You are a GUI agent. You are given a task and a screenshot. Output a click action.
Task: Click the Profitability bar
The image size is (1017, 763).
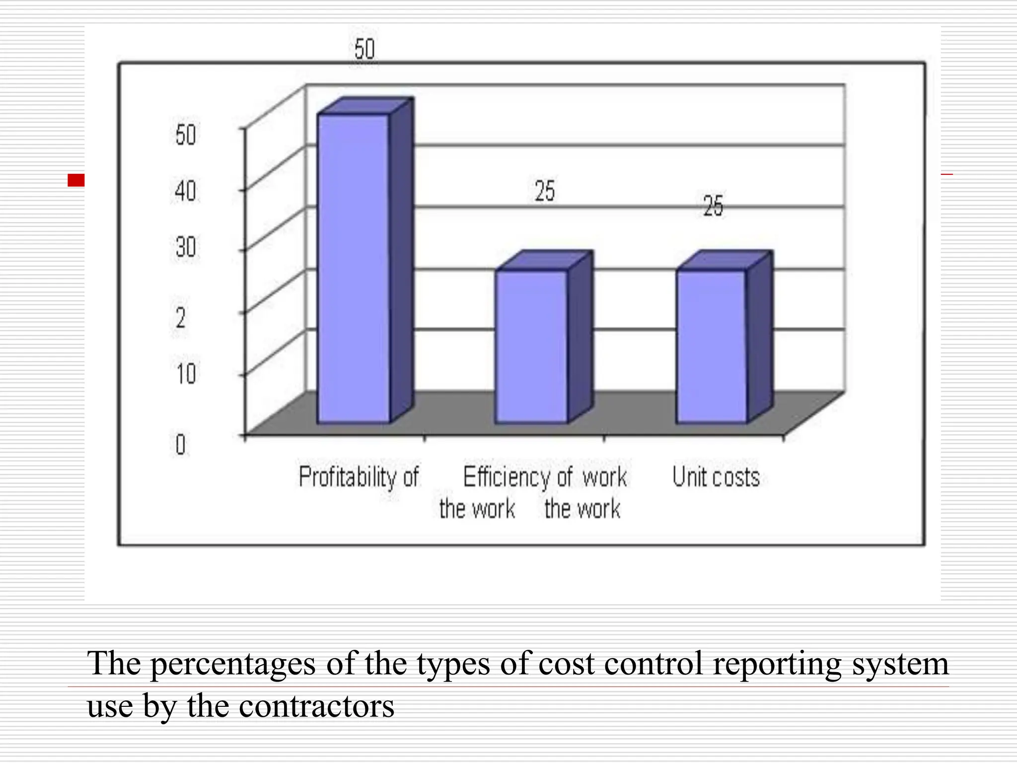[354, 268]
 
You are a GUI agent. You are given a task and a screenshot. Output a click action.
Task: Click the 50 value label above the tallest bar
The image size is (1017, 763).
[364, 50]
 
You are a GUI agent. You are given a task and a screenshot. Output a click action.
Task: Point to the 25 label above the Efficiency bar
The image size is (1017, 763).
[545, 191]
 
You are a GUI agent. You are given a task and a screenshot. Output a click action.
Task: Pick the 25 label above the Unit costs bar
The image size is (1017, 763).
[713, 206]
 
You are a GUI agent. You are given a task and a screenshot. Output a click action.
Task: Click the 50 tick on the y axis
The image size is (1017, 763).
[186, 135]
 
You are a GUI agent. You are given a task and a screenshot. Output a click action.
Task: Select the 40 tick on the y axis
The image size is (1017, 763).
[186, 191]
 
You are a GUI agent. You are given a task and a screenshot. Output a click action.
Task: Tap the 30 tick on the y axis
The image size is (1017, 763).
[186, 247]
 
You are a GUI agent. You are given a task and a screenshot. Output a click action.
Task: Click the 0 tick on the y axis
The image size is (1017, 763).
[180, 445]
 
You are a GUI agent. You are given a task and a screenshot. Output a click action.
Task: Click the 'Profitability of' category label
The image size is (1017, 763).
[359, 477]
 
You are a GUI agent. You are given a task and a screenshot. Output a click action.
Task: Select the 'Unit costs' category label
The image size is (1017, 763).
[716, 477]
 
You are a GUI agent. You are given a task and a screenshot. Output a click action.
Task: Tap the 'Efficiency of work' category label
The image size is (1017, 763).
[545, 477]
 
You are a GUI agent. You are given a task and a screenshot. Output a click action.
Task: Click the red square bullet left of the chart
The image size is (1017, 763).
[76, 180]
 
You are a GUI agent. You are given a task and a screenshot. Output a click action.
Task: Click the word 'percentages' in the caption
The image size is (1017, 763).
[233, 664]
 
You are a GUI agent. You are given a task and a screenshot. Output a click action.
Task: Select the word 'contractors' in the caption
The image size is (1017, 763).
[316, 706]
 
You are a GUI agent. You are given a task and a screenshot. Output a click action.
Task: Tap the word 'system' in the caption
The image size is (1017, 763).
[900, 664]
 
